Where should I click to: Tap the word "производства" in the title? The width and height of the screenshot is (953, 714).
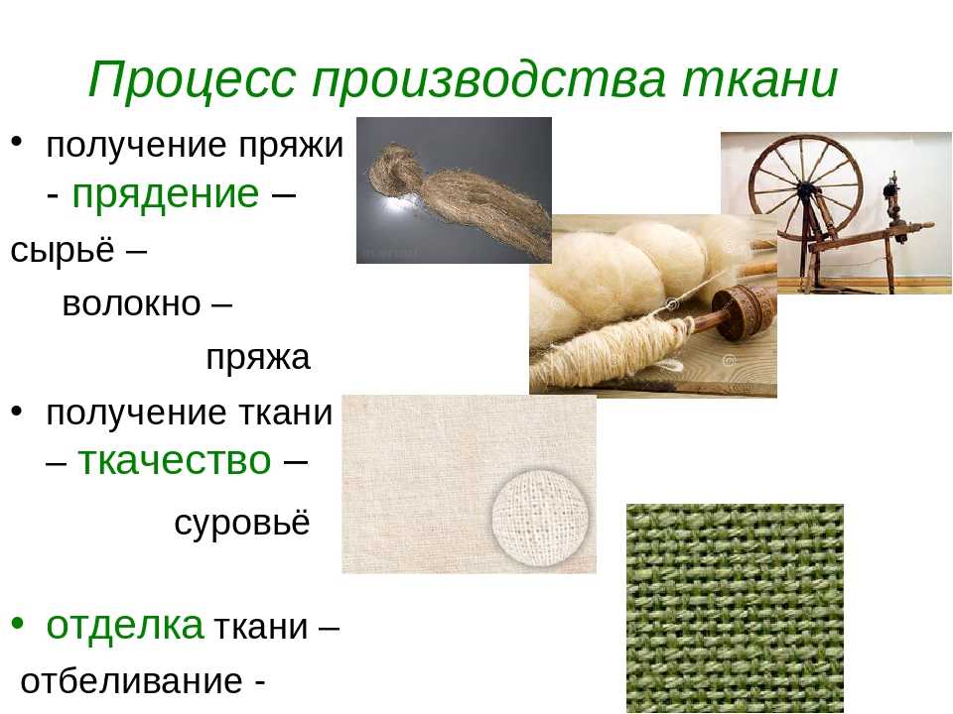[489, 79]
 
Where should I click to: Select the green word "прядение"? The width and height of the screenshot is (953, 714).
[166, 195]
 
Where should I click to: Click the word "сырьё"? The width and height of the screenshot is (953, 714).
[63, 249]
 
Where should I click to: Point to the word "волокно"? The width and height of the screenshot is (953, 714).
[131, 303]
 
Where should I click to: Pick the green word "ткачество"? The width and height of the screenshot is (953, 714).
[175, 460]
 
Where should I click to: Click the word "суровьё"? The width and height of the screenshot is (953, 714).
[242, 522]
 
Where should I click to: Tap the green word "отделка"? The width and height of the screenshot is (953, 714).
[125, 625]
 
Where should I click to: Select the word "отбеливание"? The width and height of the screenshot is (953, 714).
[131, 680]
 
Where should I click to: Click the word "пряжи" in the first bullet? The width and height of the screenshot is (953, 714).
[291, 147]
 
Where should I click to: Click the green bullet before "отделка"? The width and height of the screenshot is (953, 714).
[17, 623]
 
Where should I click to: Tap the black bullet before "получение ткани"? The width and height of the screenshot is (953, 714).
[17, 411]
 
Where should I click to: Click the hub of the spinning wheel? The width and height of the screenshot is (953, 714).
[807, 190]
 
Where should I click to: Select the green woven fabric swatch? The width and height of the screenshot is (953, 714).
[735, 608]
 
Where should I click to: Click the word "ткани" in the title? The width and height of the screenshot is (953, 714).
[759, 79]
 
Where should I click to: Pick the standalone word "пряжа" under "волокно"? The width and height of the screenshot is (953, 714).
[258, 358]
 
